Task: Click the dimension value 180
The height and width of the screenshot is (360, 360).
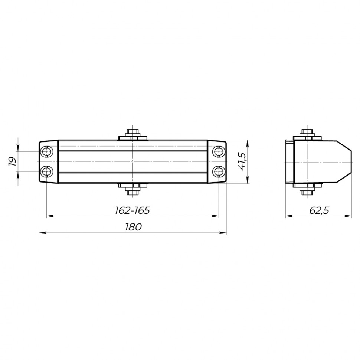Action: coord(133,227)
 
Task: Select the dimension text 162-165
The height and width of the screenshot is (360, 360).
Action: coord(132,210)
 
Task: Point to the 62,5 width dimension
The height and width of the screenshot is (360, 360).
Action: coord(319,210)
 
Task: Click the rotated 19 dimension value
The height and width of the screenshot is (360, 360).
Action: coord(12,161)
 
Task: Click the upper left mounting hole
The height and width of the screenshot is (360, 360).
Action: coord(47,152)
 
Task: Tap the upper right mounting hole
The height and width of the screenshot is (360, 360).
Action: coord(218,152)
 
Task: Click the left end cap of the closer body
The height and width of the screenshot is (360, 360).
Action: coord(49,161)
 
